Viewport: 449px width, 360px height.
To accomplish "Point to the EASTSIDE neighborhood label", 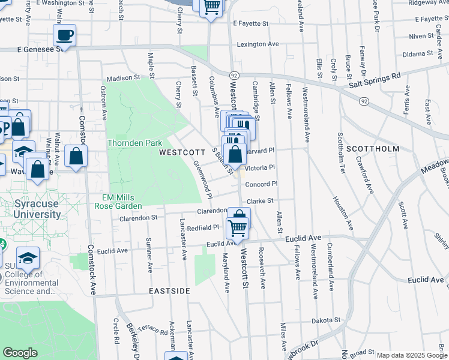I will (x=170, y=291).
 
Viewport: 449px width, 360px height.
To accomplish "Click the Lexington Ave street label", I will (x=258, y=44).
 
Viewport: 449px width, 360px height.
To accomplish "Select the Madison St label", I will (x=123, y=78).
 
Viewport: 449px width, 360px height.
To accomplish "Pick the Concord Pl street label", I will (x=261, y=184).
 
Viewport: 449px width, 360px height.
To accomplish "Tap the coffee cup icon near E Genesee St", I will (x=64, y=35).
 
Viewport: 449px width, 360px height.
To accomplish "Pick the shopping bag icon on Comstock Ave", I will (x=76, y=157).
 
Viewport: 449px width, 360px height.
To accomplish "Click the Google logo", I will (x=20, y=353).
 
